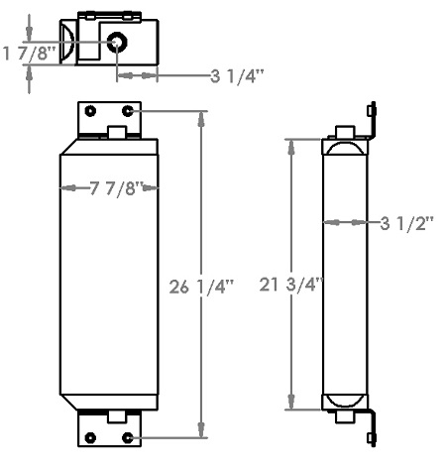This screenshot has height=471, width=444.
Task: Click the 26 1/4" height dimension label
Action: (203, 288)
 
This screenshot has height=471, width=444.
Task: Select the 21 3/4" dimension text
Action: (290, 286)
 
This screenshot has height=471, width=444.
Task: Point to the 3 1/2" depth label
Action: (407, 223)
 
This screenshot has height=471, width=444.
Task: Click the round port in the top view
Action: (118, 43)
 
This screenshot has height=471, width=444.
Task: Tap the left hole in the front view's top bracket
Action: (91, 110)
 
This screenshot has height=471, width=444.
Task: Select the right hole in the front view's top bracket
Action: (129, 110)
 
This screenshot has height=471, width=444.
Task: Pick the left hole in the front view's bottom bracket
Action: (91, 437)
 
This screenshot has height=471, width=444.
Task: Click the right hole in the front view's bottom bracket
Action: (129, 437)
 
